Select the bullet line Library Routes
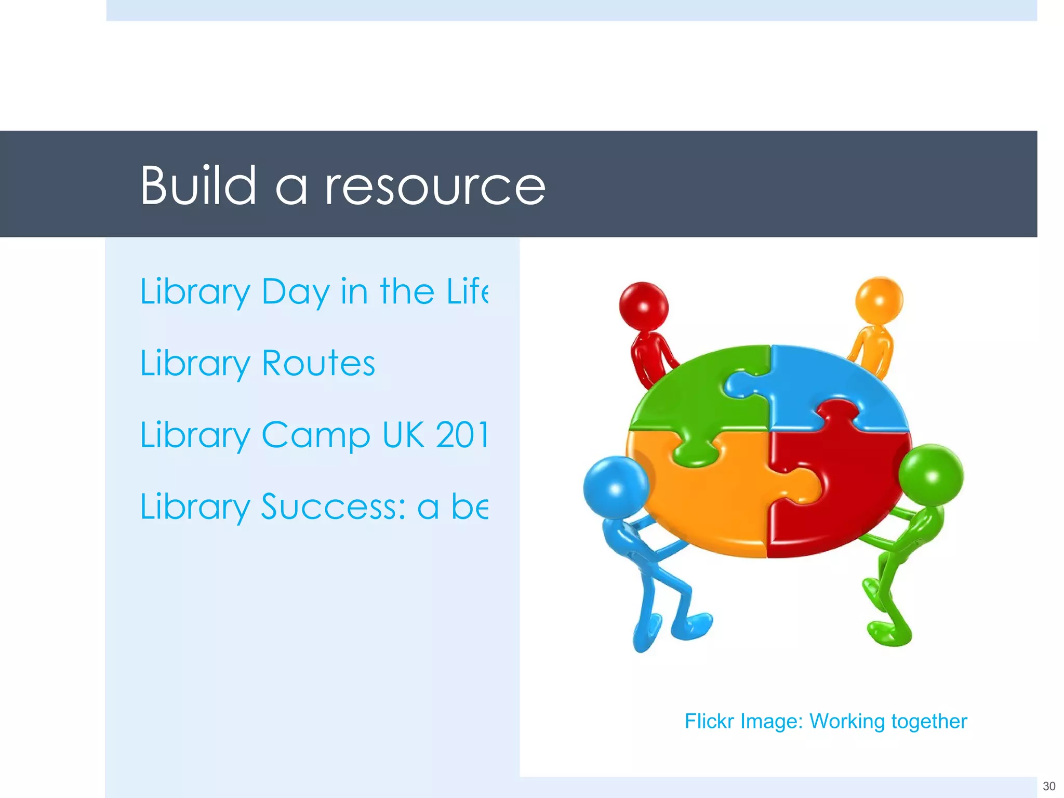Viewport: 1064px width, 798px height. (258, 363)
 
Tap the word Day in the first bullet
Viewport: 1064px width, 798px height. (296, 292)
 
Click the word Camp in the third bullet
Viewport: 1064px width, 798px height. (315, 435)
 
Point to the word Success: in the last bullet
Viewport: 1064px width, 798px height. (333, 507)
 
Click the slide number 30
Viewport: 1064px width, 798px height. (1049, 786)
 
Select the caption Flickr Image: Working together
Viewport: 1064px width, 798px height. (826, 721)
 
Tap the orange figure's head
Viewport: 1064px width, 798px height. (879, 300)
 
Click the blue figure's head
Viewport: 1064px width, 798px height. (616, 487)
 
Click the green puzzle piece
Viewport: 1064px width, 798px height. (691, 400)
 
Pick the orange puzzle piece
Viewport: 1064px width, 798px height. (712, 499)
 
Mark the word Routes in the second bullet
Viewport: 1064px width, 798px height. (318, 363)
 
